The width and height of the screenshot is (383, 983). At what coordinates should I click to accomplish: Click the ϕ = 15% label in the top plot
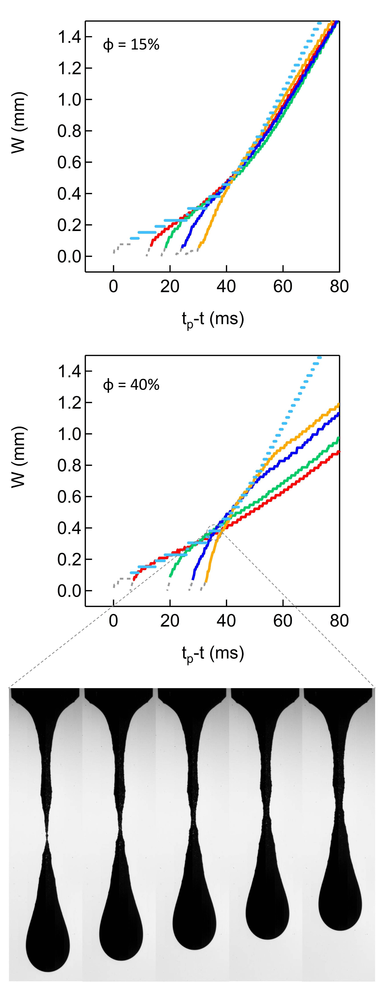(x=131, y=45)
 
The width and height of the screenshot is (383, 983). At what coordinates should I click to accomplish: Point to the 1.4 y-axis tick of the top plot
(x=69, y=37)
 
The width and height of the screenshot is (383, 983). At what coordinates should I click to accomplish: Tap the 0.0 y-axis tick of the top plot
(x=69, y=256)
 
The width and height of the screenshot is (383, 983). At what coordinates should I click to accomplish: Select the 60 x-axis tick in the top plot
(x=283, y=286)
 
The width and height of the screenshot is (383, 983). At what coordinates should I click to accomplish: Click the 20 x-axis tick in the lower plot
(x=170, y=621)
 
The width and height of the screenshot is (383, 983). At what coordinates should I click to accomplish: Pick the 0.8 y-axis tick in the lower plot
(x=69, y=466)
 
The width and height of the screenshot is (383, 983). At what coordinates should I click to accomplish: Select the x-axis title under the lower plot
(x=212, y=653)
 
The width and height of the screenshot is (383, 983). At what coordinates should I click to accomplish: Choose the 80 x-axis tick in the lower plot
(x=339, y=621)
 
